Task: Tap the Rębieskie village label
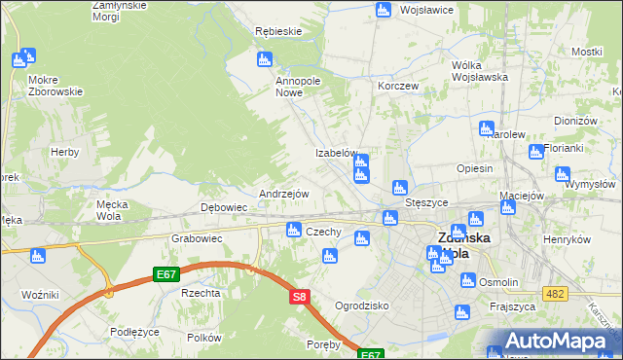(x=278, y=31)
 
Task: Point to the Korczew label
(x=398, y=86)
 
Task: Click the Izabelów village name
(x=338, y=154)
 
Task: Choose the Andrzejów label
(x=283, y=194)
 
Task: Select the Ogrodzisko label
(x=362, y=306)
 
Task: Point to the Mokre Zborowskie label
(x=55, y=85)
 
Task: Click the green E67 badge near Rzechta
(x=165, y=275)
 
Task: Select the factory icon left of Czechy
(x=293, y=230)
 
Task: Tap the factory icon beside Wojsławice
(x=383, y=10)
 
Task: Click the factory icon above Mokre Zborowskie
(x=21, y=59)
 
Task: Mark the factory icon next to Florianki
(x=535, y=151)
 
